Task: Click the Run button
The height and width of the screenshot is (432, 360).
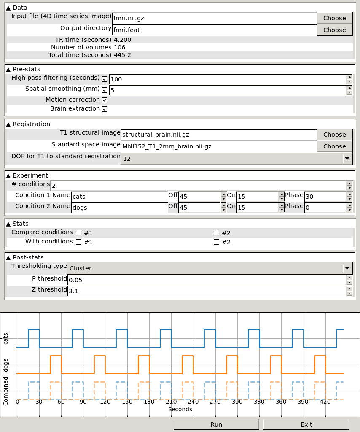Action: (216, 424)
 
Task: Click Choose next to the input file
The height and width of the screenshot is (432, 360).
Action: (334, 18)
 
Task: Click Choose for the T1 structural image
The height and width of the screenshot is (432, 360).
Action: (334, 135)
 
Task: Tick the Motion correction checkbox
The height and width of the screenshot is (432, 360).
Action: (105, 100)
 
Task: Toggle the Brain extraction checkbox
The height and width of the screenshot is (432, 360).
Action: (105, 109)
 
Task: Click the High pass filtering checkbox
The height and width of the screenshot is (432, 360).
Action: (105, 79)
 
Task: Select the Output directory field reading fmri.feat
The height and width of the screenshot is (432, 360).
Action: (214, 30)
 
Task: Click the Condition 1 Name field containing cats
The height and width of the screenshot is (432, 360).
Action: (119, 197)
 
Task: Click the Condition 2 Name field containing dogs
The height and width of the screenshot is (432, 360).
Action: (119, 208)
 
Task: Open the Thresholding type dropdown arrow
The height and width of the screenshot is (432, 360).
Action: (347, 268)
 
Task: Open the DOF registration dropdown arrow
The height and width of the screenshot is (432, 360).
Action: (347, 159)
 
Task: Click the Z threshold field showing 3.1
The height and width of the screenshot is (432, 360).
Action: (207, 291)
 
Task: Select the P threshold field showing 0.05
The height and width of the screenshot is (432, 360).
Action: (207, 280)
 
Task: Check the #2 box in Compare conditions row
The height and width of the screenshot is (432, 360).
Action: (217, 232)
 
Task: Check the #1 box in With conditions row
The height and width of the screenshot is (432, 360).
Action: (78, 242)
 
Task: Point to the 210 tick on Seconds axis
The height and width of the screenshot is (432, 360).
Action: (171, 402)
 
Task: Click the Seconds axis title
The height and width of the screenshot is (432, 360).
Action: (180, 409)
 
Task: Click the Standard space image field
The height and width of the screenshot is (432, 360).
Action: (218, 146)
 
